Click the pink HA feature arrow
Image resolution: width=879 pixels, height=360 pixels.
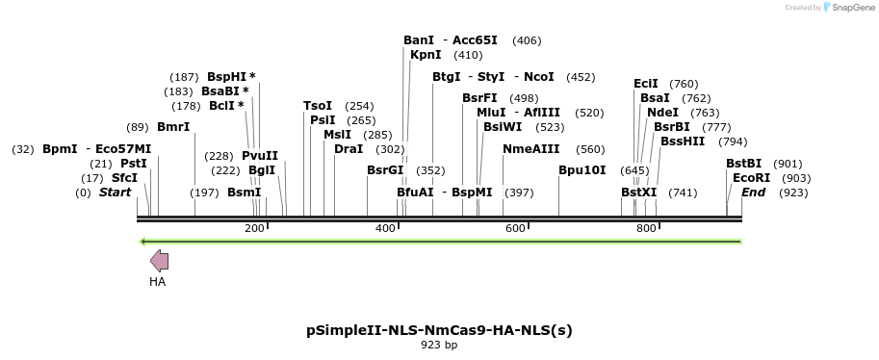160,260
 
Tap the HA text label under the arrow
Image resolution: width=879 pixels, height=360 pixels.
158,282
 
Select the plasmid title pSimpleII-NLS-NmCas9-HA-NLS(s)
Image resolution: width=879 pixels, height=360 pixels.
439,329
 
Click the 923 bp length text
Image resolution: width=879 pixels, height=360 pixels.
439,345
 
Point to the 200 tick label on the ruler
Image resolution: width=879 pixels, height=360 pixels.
254,228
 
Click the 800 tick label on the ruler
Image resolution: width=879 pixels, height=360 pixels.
646,228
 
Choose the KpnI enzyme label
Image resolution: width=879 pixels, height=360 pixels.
426,55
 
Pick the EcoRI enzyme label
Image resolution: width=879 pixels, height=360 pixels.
751,178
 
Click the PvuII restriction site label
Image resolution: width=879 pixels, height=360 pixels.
260,156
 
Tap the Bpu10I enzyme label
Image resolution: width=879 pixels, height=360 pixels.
582,170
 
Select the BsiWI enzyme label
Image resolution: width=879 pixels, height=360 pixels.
503,127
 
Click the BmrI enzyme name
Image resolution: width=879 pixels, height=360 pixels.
173,127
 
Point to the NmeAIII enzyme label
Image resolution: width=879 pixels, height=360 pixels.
530,149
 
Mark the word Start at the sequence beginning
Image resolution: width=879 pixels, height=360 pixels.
115,193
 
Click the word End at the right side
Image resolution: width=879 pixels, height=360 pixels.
754,193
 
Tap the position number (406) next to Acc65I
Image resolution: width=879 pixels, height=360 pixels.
527,40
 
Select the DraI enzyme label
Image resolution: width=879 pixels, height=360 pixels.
349,149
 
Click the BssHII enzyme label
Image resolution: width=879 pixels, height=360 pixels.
683,141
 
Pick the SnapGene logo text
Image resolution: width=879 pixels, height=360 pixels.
848,8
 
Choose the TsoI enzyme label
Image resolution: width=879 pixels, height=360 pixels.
318,106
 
